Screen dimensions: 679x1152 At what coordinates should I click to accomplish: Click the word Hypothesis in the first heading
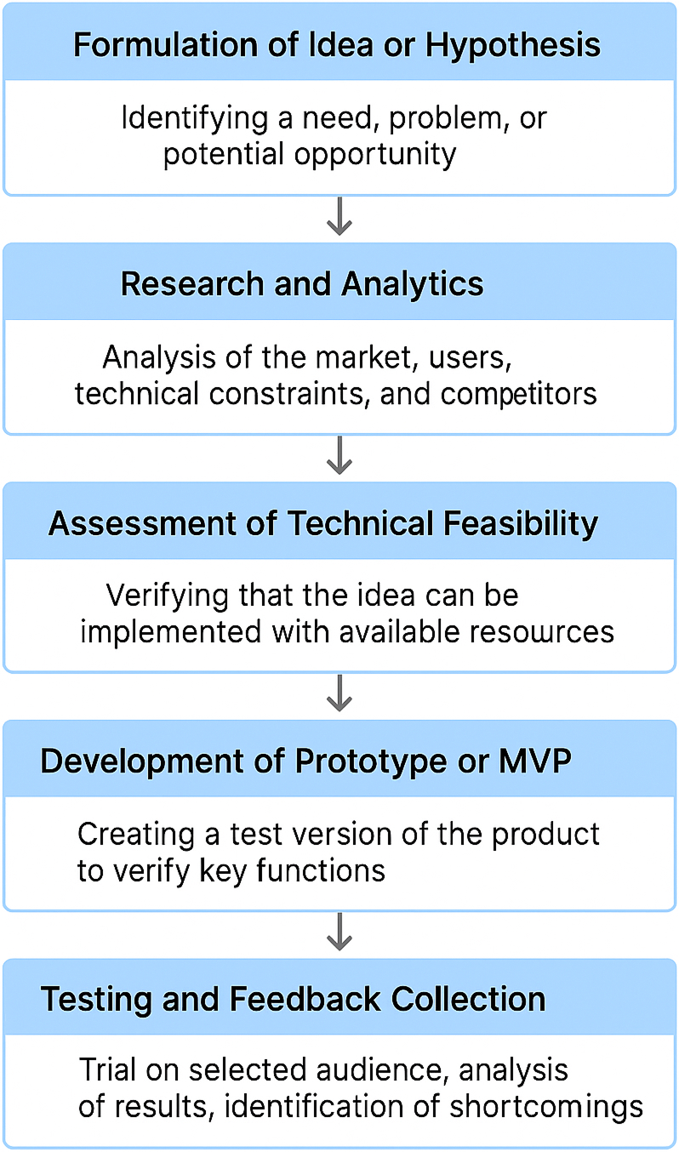tap(512, 46)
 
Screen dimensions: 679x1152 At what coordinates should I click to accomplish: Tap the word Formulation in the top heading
tap(166, 44)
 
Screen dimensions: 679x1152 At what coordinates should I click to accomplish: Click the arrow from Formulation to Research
tap(339, 216)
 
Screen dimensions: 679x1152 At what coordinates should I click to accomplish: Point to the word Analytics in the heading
tap(413, 284)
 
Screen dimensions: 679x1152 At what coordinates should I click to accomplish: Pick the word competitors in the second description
tap(518, 395)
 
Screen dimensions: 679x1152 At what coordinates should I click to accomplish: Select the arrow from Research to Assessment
tap(339, 455)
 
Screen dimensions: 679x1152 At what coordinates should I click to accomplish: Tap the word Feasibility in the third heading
tap(521, 524)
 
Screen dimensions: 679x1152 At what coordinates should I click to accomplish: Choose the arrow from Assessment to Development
tap(339, 693)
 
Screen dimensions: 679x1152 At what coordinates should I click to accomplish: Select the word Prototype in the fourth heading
tap(371, 762)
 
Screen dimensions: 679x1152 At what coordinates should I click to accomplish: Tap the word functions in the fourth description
tap(321, 871)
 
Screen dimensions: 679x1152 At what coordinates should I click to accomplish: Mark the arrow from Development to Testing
tap(339, 932)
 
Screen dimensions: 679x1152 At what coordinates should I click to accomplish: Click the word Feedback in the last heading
tap(305, 999)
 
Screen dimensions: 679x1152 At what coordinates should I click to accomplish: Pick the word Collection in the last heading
tap(468, 999)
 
